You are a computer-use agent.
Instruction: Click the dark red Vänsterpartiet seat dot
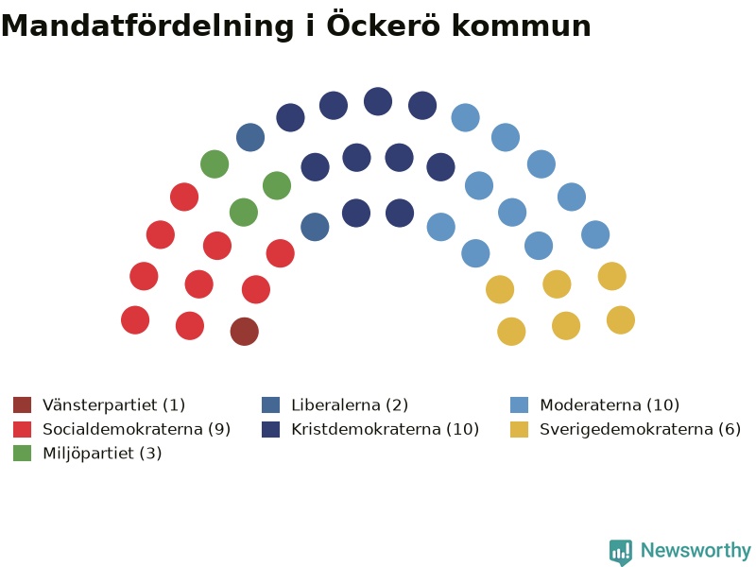(x=245, y=332)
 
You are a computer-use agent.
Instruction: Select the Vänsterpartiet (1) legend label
(x=113, y=405)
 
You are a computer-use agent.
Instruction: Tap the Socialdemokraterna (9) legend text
(x=136, y=429)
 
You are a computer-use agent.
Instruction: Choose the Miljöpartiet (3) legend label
(x=102, y=454)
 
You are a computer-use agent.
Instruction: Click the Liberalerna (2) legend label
(x=350, y=405)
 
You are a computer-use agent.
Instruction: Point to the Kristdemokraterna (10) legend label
(x=385, y=429)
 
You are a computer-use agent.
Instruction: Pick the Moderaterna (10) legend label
(x=610, y=405)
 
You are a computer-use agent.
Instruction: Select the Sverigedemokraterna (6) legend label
(x=640, y=429)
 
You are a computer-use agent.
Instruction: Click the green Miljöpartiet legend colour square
(x=22, y=454)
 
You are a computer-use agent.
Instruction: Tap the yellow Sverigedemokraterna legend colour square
(x=519, y=429)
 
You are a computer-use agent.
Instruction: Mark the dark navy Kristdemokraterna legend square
(x=270, y=429)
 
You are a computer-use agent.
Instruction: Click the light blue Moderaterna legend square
(x=519, y=405)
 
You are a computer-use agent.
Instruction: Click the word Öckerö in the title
(x=384, y=25)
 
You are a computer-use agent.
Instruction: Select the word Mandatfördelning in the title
(x=147, y=26)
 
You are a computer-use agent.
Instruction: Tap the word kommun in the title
(x=522, y=26)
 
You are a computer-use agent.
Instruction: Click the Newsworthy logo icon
(x=621, y=552)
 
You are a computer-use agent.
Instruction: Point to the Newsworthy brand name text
(x=696, y=550)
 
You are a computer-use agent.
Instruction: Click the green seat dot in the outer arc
(x=215, y=163)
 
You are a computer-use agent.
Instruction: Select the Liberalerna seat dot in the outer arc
(x=250, y=137)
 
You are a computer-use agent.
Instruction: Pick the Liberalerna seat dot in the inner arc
(x=315, y=227)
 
